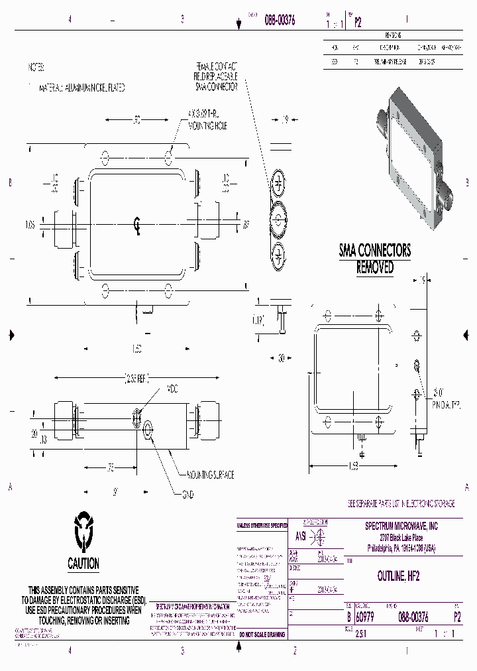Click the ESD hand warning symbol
83,530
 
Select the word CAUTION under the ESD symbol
83,564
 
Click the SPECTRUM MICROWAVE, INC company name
402,526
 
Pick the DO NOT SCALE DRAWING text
262,635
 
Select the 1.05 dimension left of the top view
29,225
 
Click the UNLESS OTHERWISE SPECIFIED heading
262,525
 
